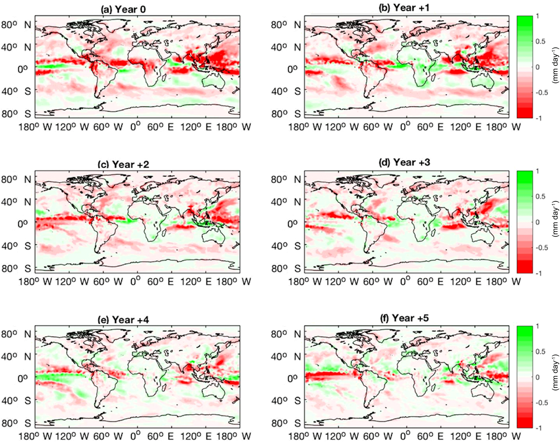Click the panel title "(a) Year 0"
pyautogui.click(x=123, y=9)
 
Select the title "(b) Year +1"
pyautogui.click(x=404, y=8)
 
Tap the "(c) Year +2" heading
pyautogui.click(x=123, y=164)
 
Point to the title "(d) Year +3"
pyautogui.click(x=404, y=162)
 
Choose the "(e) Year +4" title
pyautogui.click(x=123, y=320)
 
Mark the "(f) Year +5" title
pyautogui.click(x=404, y=318)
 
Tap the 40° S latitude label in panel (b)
pyautogui.click(x=286, y=91)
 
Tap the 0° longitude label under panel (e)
pyautogui.click(x=135, y=436)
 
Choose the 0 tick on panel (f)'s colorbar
pyautogui.click(x=538, y=377)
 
